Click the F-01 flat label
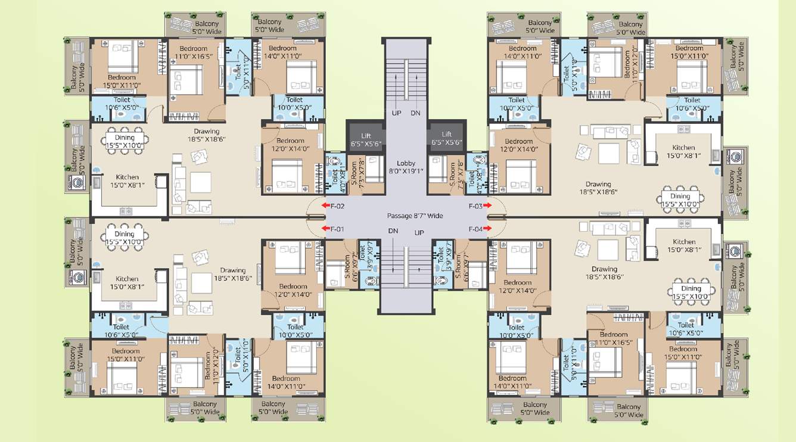pyautogui.click(x=338, y=229)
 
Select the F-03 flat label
pyautogui.click(x=475, y=206)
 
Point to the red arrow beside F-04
pyautogui.click(x=487, y=229)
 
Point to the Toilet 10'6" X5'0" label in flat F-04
pyautogui.click(x=686, y=329)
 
